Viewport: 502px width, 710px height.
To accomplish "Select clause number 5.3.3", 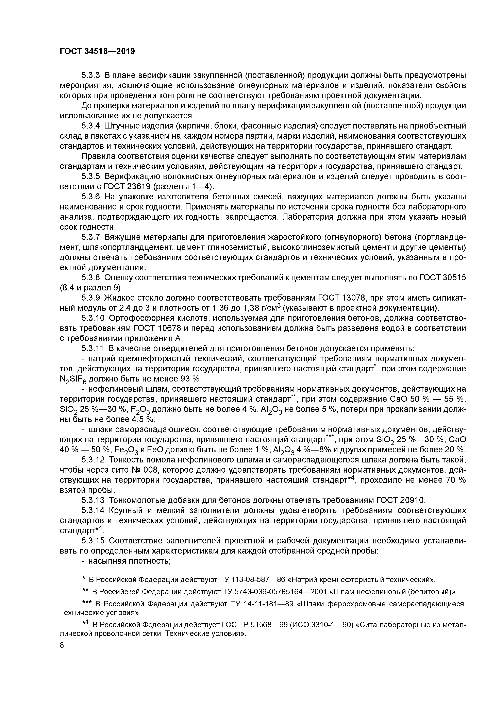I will (x=91, y=75).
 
